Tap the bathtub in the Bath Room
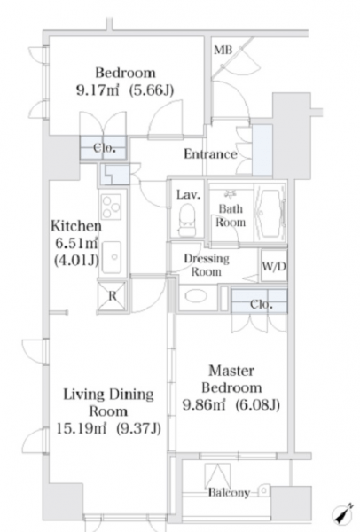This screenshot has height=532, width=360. click(270, 214)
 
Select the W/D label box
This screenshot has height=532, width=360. click(274, 266)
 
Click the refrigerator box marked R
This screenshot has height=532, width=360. click(112, 296)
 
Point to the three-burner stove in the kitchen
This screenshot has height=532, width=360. click(112, 206)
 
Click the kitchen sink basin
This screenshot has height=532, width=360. click(112, 257)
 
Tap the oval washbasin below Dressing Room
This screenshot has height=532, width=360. click(196, 296)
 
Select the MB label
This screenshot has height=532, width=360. click(223, 51)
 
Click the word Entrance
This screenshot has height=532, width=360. click(210, 154)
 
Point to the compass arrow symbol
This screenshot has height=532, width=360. click(341, 513)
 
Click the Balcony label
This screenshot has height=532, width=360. click(229, 492)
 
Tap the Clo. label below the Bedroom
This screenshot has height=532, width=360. click(105, 148)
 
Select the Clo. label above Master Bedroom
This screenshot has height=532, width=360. click(262, 304)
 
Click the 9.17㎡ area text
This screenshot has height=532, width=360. click(98, 90)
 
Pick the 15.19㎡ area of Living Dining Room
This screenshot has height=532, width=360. click(81, 429)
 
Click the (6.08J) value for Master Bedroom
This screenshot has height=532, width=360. click(258, 404)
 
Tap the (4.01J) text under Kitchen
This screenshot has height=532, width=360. click(76, 260)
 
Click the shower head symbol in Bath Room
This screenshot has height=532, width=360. click(231, 194)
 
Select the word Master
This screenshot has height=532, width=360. click(231, 371)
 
